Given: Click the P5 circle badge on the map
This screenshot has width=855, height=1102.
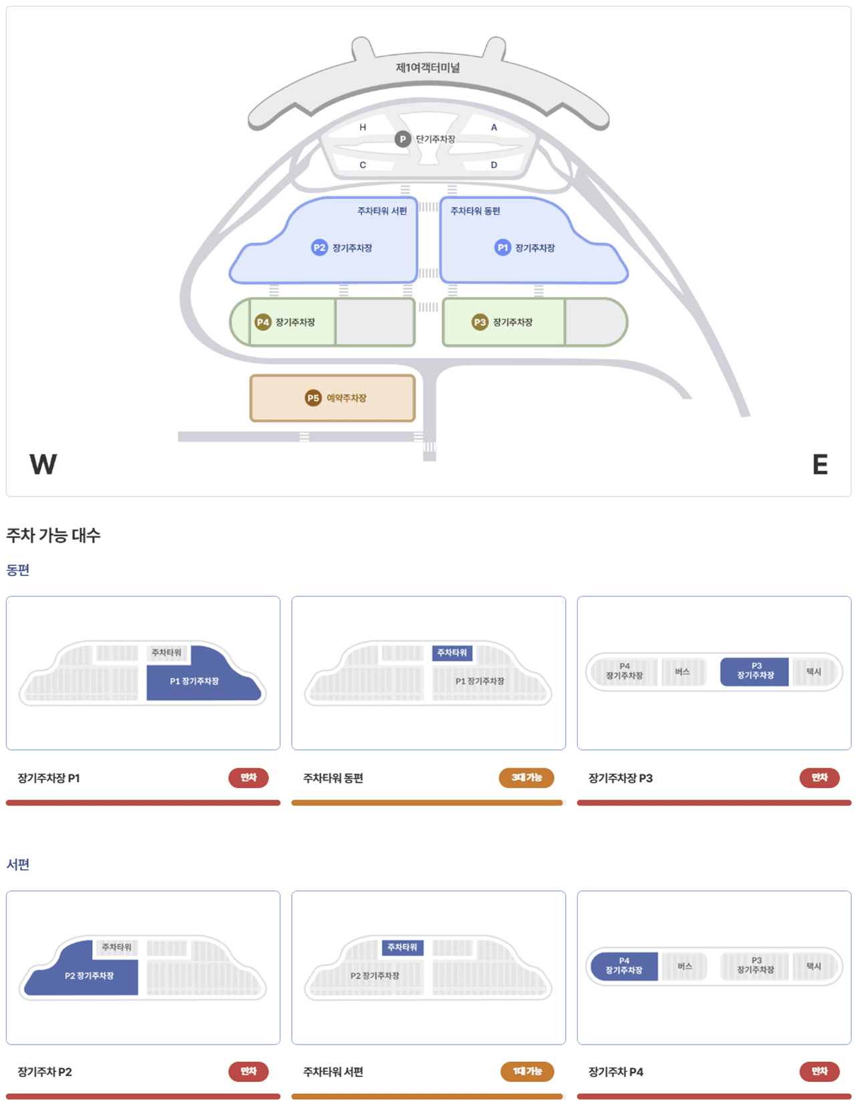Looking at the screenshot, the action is [x=313, y=398].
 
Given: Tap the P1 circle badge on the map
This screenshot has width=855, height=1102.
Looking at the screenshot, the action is [x=502, y=248].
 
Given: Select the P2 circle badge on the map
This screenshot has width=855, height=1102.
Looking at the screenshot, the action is [x=319, y=248].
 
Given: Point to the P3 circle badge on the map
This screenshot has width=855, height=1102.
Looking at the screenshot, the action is [x=480, y=322].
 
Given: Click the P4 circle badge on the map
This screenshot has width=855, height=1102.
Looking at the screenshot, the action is [x=263, y=322].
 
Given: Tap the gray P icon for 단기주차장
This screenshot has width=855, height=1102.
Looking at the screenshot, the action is [x=402, y=139].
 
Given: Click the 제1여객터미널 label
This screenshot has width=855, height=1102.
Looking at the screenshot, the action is [x=427, y=67].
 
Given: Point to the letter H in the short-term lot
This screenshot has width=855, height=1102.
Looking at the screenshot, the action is [x=363, y=127].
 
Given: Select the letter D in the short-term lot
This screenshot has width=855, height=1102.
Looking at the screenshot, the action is [x=494, y=165].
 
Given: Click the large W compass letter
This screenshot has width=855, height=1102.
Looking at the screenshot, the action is [x=43, y=464].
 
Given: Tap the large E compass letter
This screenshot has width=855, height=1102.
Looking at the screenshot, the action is [x=820, y=464].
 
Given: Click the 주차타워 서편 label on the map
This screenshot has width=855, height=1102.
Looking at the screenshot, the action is [x=381, y=211].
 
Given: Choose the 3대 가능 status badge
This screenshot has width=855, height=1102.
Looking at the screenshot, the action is [x=526, y=778].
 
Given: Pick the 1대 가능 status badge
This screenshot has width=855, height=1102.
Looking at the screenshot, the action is [x=527, y=1071].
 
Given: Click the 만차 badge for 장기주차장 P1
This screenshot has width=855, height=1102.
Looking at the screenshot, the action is [x=248, y=778].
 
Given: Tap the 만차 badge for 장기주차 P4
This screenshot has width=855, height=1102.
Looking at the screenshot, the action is [x=820, y=1071].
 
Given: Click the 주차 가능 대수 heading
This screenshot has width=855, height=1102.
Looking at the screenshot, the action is [x=53, y=535].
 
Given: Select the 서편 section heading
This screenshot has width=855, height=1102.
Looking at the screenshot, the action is [x=18, y=864].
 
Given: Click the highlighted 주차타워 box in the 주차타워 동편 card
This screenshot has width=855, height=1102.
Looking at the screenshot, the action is [x=452, y=653].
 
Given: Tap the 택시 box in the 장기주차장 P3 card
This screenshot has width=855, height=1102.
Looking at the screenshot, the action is [x=814, y=671].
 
